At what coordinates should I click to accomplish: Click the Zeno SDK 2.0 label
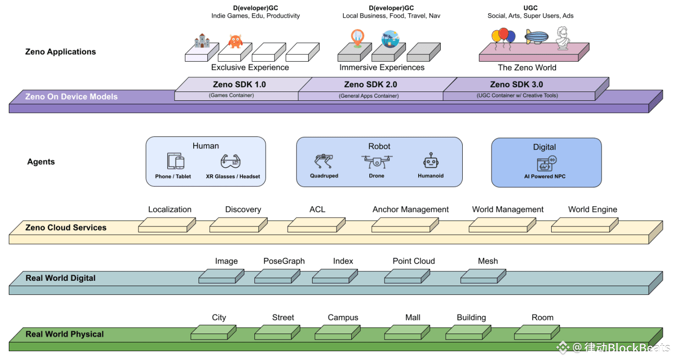370,85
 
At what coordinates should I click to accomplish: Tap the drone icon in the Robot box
377,162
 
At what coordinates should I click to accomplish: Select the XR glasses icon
231,161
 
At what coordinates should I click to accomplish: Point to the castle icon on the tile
202,41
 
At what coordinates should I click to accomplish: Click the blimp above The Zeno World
537,37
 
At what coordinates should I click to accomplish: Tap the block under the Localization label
167,225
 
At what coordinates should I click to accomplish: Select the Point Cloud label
413,261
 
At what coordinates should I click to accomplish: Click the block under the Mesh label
484,276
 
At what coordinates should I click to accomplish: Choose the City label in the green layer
219,317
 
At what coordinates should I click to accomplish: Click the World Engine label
592,209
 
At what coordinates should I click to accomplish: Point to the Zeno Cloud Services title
66,227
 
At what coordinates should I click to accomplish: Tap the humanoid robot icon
430,162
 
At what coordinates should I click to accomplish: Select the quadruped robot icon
323,162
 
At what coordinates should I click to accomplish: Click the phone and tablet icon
176,161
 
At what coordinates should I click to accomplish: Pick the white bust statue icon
563,38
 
